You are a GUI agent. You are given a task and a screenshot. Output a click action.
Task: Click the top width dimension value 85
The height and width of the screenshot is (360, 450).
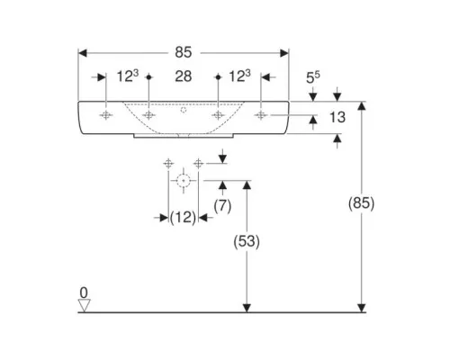[x=184, y=52]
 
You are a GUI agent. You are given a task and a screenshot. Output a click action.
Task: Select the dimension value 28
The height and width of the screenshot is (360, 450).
[x=184, y=76]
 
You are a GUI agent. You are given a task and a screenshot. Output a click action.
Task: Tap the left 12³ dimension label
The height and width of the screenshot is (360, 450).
[x=128, y=76]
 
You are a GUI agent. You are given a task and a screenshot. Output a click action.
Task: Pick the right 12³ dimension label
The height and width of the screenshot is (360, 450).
[x=239, y=76]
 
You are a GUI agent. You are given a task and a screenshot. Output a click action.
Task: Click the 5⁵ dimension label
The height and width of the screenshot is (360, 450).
[x=313, y=77]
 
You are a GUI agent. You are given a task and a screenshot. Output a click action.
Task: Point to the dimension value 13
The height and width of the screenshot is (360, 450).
[x=337, y=117]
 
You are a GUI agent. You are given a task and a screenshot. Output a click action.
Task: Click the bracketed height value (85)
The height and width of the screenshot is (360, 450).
[x=361, y=203]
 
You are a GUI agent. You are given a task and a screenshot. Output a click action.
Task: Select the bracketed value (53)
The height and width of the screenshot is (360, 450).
[x=247, y=241]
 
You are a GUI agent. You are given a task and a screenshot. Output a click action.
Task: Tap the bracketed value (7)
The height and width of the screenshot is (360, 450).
[x=222, y=206]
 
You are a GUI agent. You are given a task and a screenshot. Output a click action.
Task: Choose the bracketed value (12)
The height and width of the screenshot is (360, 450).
[x=183, y=217]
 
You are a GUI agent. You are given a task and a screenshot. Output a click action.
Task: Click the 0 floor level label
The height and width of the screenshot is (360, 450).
[x=84, y=292]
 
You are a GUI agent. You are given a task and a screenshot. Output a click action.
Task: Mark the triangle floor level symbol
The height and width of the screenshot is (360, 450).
[x=84, y=305]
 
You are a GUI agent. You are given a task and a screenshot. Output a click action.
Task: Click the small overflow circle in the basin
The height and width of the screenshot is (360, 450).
[x=184, y=110]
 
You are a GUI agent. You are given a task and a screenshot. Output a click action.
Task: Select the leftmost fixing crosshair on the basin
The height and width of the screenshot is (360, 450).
[x=105, y=115]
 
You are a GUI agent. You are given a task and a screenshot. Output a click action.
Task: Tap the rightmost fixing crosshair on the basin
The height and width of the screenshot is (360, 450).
[x=261, y=115]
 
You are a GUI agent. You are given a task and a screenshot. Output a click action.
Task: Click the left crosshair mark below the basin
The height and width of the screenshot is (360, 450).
[x=168, y=164]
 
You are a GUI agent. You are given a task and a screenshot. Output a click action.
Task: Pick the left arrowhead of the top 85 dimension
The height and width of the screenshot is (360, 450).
[x=83, y=53]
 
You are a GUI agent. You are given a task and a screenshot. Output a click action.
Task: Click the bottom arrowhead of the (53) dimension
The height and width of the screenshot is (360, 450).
[x=247, y=308]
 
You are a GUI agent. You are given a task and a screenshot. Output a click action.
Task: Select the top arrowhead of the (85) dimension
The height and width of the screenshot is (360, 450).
[x=362, y=106]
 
